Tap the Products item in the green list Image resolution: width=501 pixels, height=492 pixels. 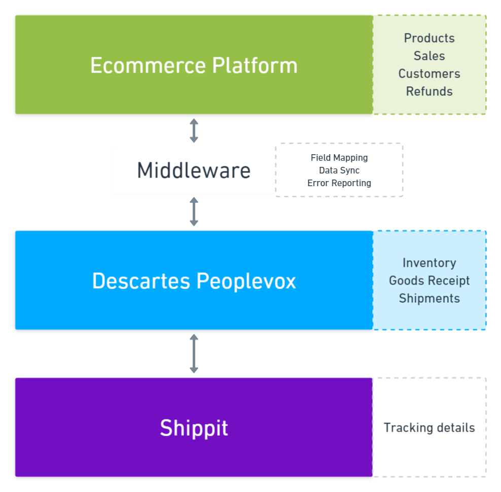coord(429,38)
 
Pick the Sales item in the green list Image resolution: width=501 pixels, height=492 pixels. coord(429,56)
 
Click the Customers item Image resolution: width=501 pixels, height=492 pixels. coord(429,74)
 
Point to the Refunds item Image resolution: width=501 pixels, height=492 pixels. coord(429,91)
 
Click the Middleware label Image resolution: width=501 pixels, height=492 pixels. coord(194,170)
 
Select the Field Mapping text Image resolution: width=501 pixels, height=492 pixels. coord(339,158)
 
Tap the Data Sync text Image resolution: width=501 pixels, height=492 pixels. coord(339,170)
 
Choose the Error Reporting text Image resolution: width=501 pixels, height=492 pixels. coord(339,183)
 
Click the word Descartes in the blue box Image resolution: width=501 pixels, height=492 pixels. coord(141,281)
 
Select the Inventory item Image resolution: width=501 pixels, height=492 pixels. coord(429,263)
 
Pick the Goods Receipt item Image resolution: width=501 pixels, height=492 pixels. coord(429,280)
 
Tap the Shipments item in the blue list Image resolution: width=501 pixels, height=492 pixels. coord(429,298)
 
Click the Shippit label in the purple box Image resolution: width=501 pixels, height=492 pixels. coord(194,428)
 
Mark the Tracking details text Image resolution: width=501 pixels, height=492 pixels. coord(429,428)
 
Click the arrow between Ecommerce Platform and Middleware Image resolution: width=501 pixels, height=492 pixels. coord(194,130)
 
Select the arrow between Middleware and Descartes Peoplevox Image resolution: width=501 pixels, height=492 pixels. coord(194,212)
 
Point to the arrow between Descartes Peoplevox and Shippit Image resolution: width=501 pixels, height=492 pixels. coord(194,354)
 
